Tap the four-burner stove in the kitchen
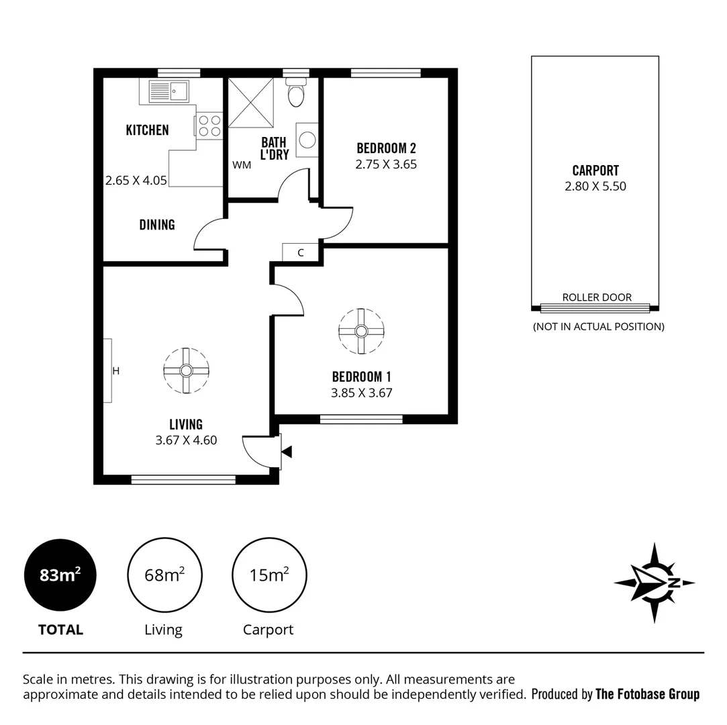point(209,126)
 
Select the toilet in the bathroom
point(295,93)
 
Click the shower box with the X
point(251,102)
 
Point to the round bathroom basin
point(307,140)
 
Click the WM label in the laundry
point(242,164)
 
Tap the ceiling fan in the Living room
point(186,370)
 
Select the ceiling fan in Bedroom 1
point(361,331)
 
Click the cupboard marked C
point(300,252)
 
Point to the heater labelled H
point(108,371)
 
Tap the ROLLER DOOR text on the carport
point(596,297)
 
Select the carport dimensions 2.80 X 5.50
point(595,187)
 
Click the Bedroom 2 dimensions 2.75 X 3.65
point(386,164)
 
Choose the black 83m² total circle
point(60,575)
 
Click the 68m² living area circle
point(164,575)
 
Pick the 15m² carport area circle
point(269,575)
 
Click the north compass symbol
point(654,583)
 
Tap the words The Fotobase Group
point(647,694)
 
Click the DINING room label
point(157,225)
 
